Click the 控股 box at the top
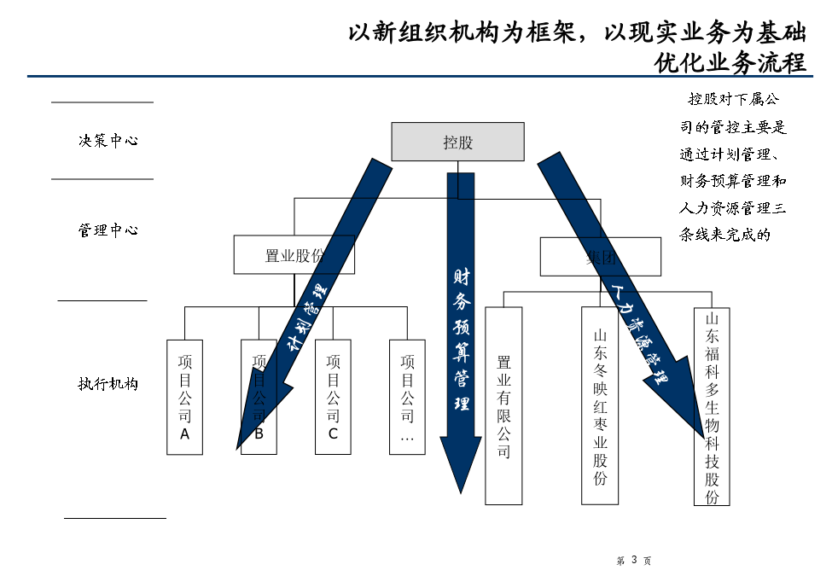pos(457,142)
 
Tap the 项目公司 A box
pos(184,397)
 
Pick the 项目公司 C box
pos(333,397)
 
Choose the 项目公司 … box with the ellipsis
pos(407,397)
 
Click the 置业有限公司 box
pos(503,405)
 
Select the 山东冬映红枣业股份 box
pos(600,405)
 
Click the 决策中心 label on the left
pos(108,141)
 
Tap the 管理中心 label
pos(108,230)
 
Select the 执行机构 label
pos(108,384)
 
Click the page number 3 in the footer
pos(634,561)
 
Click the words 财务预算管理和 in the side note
pos(732,181)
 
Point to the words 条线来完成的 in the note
pos(724,235)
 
